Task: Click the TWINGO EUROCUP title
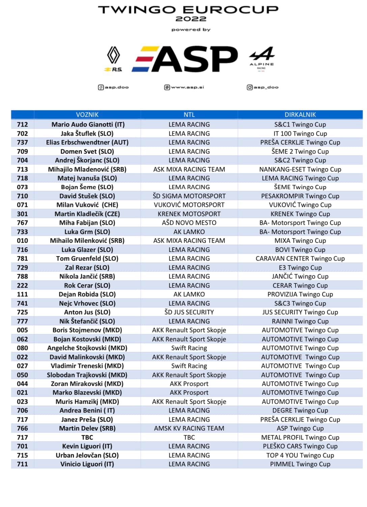tap(188, 10)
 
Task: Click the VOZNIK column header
tap(87, 115)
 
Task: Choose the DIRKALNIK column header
tap(300, 115)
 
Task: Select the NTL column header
tap(189, 115)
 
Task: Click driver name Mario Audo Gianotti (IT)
tap(88, 125)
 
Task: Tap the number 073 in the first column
tap(22, 187)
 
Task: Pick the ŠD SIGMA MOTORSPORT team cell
tap(189, 196)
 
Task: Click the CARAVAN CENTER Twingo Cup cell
tap(300, 259)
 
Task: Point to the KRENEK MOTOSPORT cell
tap(189, 214)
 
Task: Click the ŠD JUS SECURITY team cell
tap(189, 312)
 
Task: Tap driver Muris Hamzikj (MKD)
tap(87, 402)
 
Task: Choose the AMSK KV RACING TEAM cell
tap(189, 428)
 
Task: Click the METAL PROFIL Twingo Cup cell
tap(300, 437)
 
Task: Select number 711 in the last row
tap(22, 464)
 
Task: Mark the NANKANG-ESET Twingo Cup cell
tap(300, 169)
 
